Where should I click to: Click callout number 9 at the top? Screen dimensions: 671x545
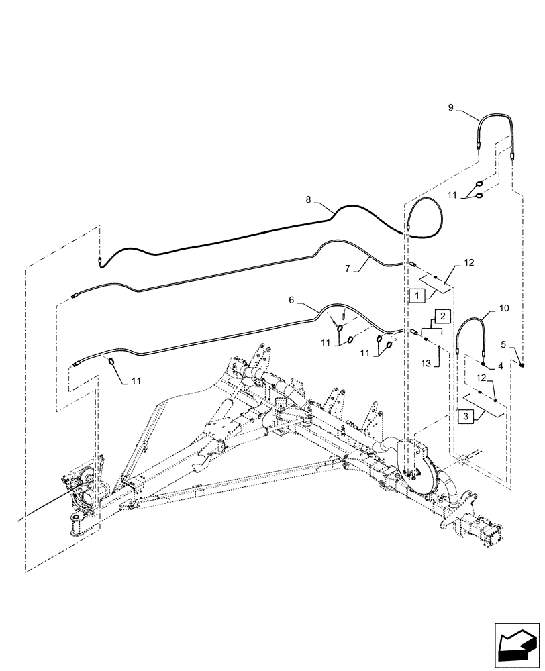pyautogui.click(x=451, y=107)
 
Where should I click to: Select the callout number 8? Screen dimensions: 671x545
pyautogui.click(x=309, y=199)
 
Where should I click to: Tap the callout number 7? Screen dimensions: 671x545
pyautogui.click(x=348, y=268)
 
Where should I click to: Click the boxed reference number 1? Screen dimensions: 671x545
pyautogui.click(x=415, y=294)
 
